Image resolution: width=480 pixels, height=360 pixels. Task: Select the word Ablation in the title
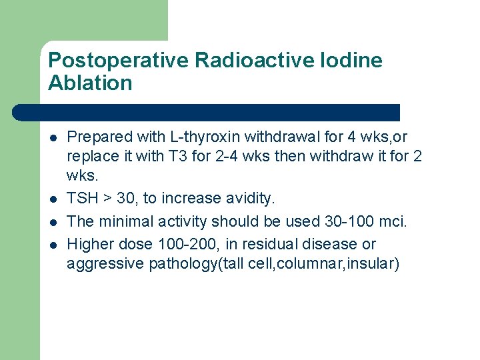91,84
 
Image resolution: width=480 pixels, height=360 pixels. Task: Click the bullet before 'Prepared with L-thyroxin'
53,138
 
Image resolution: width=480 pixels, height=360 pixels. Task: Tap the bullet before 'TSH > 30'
53,199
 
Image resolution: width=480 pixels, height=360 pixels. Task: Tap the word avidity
249,199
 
